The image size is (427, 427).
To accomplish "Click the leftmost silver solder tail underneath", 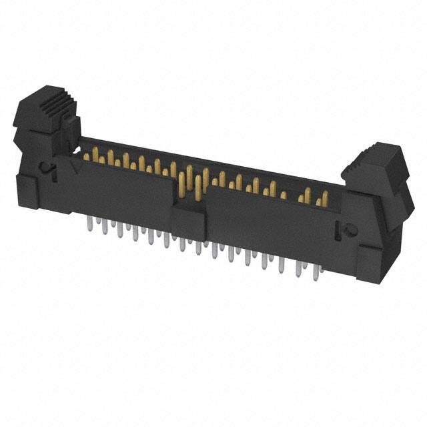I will tap(89, 224).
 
